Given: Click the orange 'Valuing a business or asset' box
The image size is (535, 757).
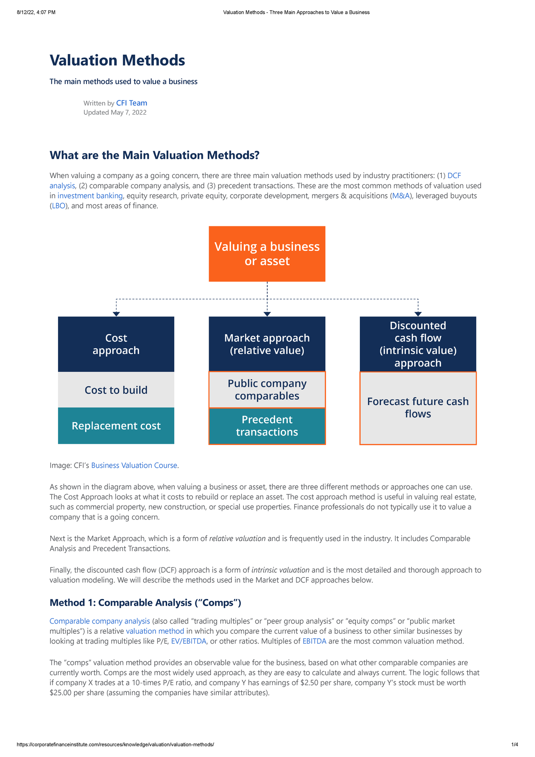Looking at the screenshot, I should click(x=267, y=254).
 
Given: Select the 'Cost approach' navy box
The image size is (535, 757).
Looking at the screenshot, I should click(x=116, y=344).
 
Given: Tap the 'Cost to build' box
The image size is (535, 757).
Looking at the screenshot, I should click(x=116, y=390).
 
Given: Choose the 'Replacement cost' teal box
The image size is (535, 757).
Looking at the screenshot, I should click(x=116, y=426).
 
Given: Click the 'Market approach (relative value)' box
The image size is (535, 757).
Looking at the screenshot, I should click(x=267, y=344).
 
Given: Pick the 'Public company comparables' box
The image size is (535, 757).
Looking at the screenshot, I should click(x=267, y=390).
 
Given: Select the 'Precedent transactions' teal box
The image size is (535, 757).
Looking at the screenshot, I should click(x=267, y=426).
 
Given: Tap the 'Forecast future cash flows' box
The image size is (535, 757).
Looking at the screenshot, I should click(x=418, y=408).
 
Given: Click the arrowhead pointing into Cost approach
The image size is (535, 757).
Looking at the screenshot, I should click(x=116, y=314).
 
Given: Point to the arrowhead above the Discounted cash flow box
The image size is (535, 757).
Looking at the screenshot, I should click(x=418, y=314).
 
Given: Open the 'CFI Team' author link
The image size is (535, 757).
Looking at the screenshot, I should click(x=132, y=103).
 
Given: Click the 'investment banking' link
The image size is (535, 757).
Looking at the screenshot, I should click(x=90, y=195).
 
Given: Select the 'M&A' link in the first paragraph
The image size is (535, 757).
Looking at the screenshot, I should click(x=400, y=195).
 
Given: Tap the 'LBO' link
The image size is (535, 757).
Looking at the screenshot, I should click(x=58, y=206).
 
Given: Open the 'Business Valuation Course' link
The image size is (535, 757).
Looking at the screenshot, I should click(x=134, y=465).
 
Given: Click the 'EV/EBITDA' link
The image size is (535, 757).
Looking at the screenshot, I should click(x=189, y=641).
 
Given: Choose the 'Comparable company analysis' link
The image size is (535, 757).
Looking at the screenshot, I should click(x=99, y=621).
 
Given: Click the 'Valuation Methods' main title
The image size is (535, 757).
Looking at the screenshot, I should click(x=117, y=60).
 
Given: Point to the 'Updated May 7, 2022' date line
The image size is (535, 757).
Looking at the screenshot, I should click(x=115, y=112).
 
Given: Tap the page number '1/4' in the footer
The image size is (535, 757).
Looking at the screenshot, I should click(x=514, y=745).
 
